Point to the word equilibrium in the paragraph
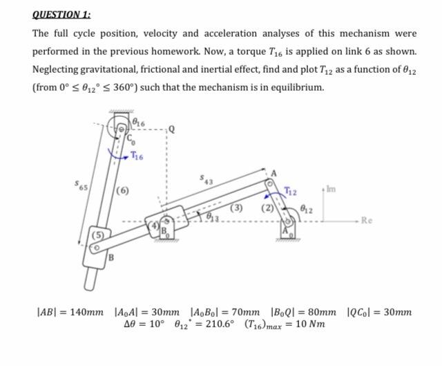290,88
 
